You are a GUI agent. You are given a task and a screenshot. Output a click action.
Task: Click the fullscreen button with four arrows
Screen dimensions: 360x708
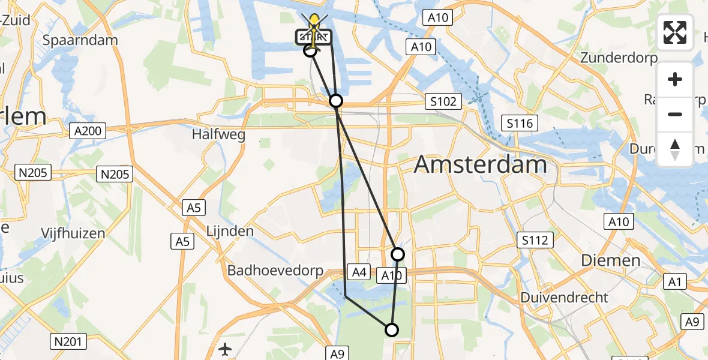pos(675,32)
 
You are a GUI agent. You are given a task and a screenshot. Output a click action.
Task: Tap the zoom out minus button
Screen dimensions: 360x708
pos(675,114)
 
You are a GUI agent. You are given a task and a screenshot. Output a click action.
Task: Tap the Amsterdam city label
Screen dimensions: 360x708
pos(480,164)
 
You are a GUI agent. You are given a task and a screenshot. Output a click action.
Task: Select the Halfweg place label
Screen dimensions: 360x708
pos(218,135)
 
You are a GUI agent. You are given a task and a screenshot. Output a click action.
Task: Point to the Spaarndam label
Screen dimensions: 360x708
pos(80,40)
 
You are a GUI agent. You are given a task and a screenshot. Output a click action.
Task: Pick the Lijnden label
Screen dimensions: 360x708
pos(230,231)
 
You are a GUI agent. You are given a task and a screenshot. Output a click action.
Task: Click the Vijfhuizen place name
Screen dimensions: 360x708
pos(73,233)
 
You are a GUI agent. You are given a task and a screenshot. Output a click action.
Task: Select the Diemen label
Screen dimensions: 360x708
pos(611,260)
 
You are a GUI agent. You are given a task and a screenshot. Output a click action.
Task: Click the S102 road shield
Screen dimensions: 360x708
pos(443,101)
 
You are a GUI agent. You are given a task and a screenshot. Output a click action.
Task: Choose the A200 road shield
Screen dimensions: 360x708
pos(87,130)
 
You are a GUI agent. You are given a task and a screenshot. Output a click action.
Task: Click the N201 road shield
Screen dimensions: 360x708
pos(68,341)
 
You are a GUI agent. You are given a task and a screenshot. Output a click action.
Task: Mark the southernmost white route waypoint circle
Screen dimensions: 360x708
pos(391,329)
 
